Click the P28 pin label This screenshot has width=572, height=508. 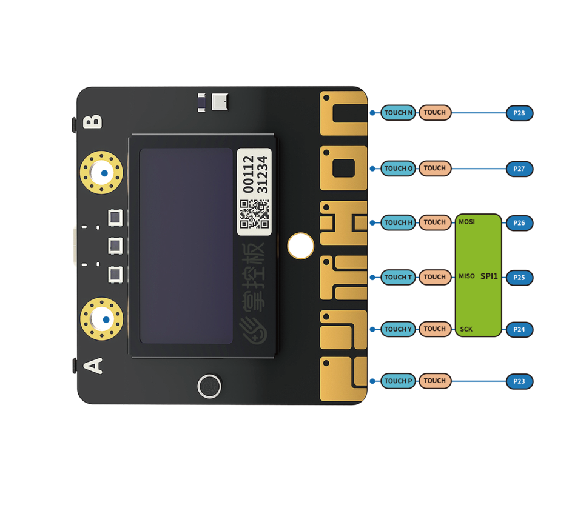[x=519, y=113]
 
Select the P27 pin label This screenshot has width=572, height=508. [x=519, y=169]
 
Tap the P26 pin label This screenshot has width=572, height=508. [x=519, y=223]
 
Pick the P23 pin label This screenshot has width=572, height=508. [x=519, y=381]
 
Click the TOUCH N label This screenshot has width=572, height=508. [x=398, y=113]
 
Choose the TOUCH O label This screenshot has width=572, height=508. [x=398, y=169]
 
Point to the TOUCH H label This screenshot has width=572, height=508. [x=398, y=222]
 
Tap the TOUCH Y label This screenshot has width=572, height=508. [x=398, y=329]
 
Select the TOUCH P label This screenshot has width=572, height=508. [x=398, y=381]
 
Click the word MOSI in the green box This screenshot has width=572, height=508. [x=466, y=222]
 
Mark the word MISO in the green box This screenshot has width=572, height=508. [x=466, y=276]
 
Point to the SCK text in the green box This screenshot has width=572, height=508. [x=466, y=329]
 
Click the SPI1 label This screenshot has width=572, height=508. [x=489, y=276]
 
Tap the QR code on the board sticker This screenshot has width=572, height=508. [x=254, y=214]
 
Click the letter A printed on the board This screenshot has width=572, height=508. [x=93, y=366]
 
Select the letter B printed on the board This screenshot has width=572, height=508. [x=93, y=121]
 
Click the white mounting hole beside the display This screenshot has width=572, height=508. [x=301, y=246]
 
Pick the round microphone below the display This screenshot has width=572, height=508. [x=209, y=387]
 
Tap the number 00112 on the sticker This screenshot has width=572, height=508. [x=248, y=174]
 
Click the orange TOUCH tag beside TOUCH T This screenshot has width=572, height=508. [x=435, y=277]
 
